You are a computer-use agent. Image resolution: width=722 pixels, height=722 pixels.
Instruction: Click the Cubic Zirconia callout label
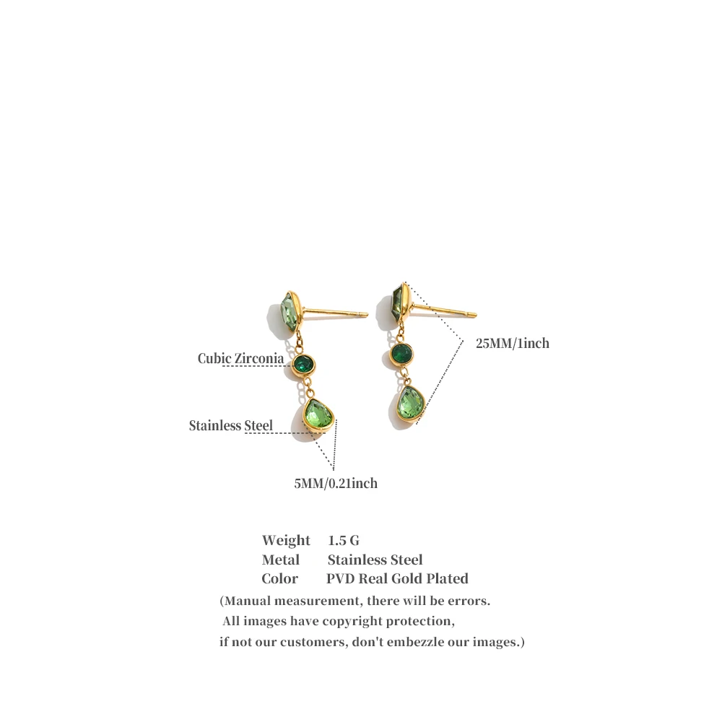(240, 358)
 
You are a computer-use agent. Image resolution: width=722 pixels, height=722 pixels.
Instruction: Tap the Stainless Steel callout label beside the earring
(231, 425)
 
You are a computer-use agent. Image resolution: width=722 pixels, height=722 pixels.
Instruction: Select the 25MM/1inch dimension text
(513, 343)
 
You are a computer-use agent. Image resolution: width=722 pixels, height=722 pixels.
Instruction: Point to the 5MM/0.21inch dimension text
(336, 483)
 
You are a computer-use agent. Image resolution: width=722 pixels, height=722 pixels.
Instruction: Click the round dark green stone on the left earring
(304, 365)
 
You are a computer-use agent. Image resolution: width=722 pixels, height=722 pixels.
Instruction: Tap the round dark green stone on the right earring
(401, 354)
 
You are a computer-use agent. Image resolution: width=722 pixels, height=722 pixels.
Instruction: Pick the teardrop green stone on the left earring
(318, 415)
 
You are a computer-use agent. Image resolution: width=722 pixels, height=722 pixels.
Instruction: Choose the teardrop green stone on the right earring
(410, 404)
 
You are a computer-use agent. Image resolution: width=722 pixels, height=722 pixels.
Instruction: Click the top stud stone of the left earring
(290, 312)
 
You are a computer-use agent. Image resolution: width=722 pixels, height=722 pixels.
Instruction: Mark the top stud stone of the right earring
(401, 304)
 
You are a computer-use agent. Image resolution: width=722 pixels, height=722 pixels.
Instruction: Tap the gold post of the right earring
(444, 310)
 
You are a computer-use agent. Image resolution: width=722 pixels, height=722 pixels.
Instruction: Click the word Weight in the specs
(286, 540)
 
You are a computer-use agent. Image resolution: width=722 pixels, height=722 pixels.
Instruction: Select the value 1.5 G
(344, 540)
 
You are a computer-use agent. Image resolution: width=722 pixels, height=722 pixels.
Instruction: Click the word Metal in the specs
(280, 560)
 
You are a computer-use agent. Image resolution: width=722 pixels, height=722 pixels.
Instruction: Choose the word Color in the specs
(279, 578)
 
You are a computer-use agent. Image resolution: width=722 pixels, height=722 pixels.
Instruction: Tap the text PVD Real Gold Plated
(397, 578)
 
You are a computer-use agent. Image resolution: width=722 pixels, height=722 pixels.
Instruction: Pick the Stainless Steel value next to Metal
(375, 560)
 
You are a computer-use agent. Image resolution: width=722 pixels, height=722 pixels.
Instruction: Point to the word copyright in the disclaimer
(352, 621)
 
